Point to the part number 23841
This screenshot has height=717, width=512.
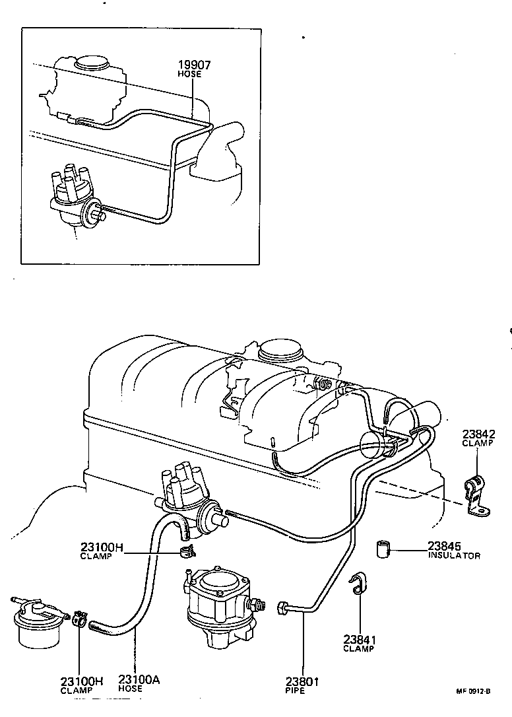tap(359, 639)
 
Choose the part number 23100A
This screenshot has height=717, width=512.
tap(138, 681)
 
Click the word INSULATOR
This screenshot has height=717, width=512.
tap(454, 556)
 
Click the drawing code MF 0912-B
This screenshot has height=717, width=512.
tap(473, 691)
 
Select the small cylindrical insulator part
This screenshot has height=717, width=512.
tap(383, 549)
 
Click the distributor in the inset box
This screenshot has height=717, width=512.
tap(73, 198)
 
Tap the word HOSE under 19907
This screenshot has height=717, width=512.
tap(190, 74)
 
